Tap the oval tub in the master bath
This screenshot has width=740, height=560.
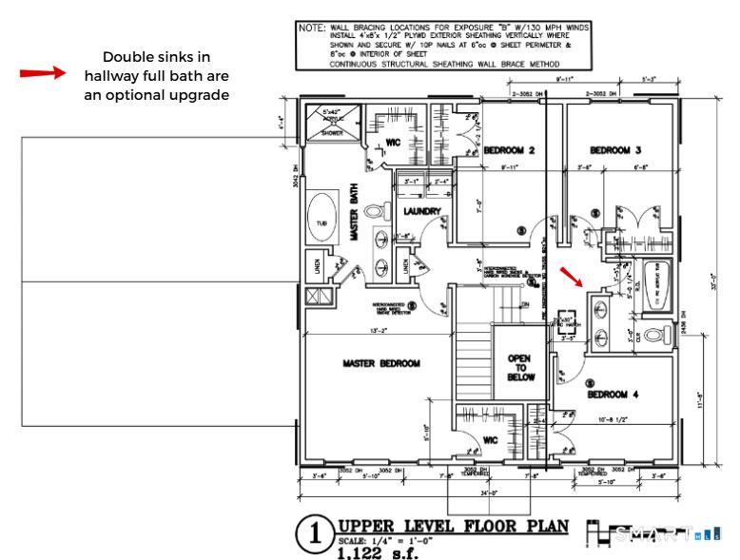(323, 218)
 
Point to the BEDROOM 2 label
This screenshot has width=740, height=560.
(510, 150)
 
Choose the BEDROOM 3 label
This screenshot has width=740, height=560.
(615, 150)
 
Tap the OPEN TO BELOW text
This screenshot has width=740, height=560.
(519, 365)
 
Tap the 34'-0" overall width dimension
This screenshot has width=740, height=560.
(487, 493)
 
